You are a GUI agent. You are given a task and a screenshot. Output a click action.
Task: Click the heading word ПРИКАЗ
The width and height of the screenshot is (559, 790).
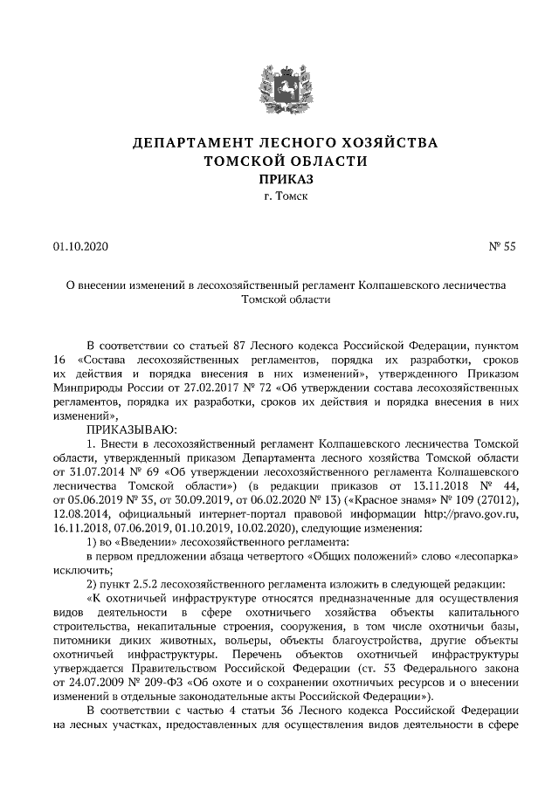(x=279, y=179)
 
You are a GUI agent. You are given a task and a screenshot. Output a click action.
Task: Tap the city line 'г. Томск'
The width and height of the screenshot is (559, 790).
(x=279, y=198)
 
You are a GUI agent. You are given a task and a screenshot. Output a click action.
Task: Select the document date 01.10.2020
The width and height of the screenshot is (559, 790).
(x=81, y=246)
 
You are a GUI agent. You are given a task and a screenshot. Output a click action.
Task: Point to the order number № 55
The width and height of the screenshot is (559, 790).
(x=502, y=246)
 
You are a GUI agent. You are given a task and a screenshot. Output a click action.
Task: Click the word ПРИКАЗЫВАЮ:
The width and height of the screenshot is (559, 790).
(x=131, y=429)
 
